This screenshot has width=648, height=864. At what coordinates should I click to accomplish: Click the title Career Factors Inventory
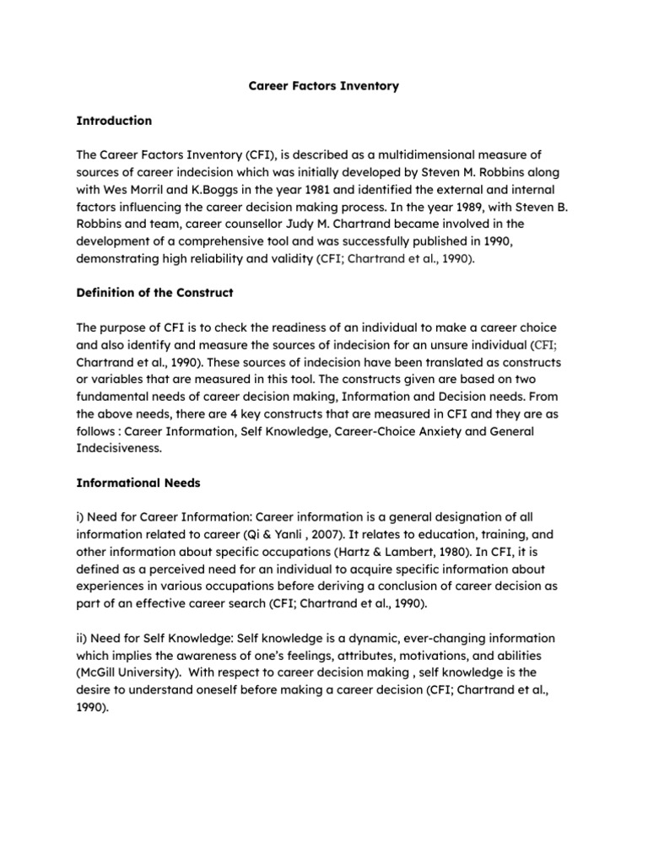[x=323, y=87]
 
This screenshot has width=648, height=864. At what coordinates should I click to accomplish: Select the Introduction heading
[x=114, y=121]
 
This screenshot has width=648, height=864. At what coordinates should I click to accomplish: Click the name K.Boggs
[x=186, y=190]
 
